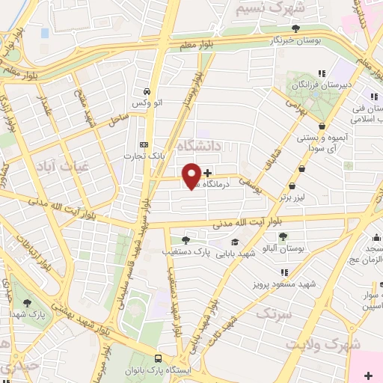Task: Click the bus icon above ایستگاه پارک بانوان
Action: coord(157,358)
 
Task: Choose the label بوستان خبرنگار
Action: coord(296,41)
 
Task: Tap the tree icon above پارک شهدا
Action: coord(28,303)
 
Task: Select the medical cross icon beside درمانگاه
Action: coord(207,174)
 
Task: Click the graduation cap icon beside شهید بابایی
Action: coord(235,242)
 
